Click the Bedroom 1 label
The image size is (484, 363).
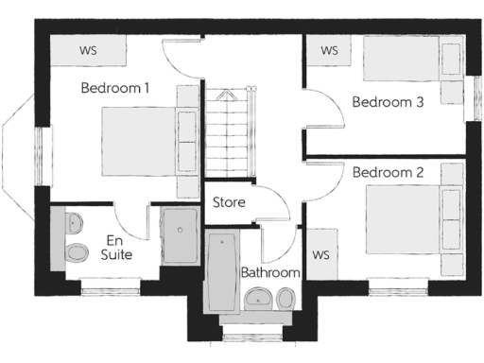(114, 88)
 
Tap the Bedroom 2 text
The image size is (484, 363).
(388, 173)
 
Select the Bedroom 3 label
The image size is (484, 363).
(388, 102)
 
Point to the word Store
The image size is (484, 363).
(229, 202)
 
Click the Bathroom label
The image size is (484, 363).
(270, 272)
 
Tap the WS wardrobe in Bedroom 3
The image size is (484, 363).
(330, 50)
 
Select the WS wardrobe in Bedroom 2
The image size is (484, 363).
(320, 255)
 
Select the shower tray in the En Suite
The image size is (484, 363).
(178, 236)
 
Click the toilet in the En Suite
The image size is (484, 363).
(76, 251)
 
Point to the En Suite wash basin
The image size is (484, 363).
(74, 223)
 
